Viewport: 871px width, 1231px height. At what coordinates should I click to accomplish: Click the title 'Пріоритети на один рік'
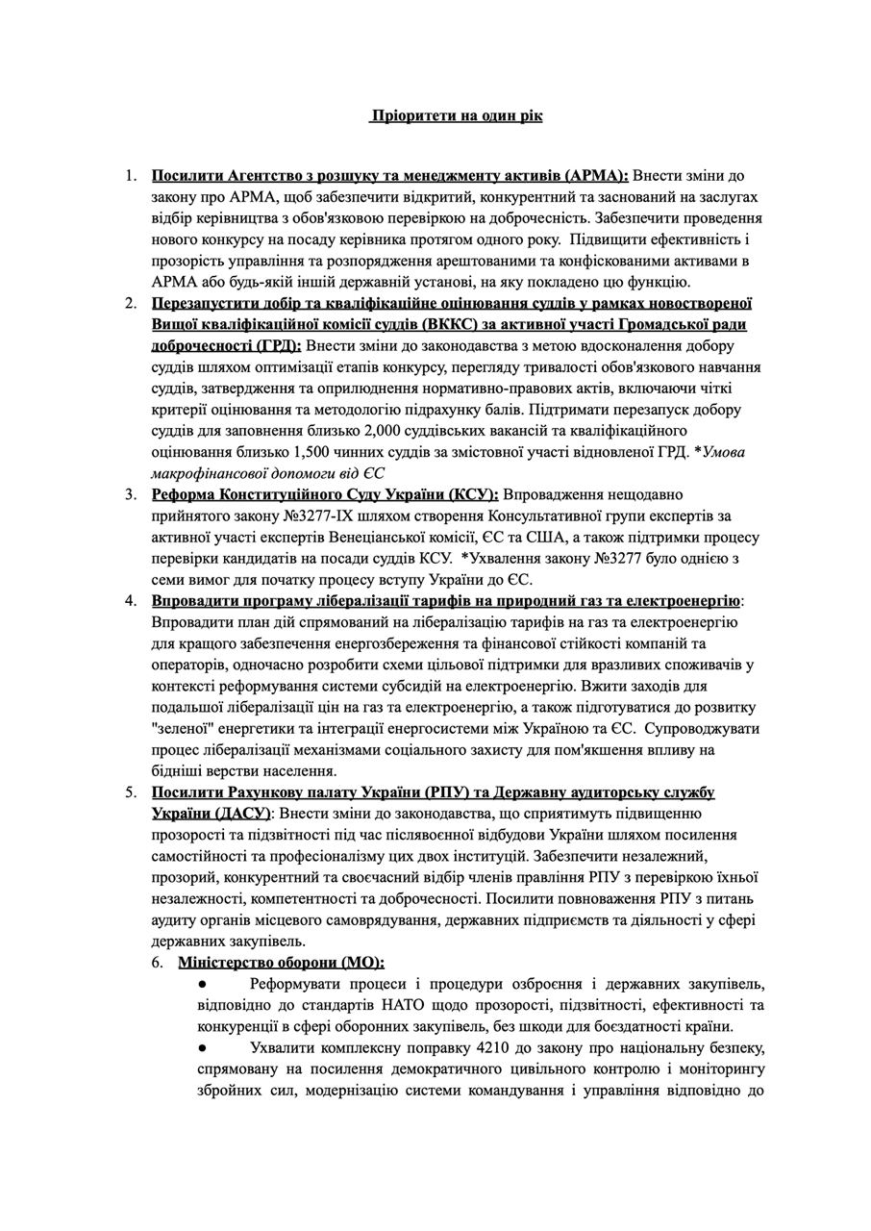[x=456, y=116]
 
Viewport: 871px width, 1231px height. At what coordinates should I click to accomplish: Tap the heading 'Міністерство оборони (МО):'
[x=281, y=962]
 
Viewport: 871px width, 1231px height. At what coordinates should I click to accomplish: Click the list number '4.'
[x=131, y=601]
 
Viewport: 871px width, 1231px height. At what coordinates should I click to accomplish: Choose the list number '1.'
[x=131, y=176]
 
